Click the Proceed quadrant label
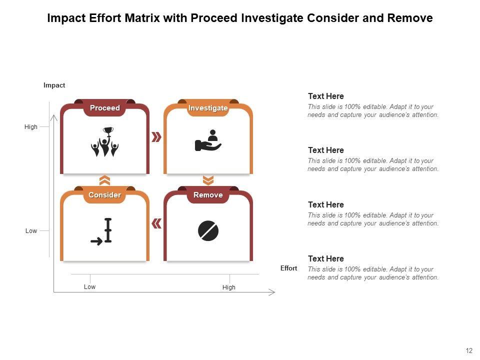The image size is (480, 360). coord(104,108)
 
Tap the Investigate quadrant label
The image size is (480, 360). coord(208,108)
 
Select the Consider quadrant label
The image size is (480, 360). coord(104,195)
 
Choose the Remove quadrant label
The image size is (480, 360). coord(208,195)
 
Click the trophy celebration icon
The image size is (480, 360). coord(104,141)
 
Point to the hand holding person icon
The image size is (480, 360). coord(208,140)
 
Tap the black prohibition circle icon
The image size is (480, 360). coord(208,230)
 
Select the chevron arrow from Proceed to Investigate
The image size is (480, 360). coord(156,137)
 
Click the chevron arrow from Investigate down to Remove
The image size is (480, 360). coord(208,180)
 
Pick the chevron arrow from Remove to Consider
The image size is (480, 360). coord(156,224)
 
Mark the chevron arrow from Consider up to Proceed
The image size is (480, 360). coord(104,180)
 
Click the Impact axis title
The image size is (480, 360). coord(54,85)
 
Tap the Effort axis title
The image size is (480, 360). coord(288,268)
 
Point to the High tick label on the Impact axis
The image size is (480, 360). coord(31,126)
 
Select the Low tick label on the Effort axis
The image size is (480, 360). coord(89,287)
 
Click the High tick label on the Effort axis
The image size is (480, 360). coord(229,287)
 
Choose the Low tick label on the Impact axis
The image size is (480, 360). coord(31,231)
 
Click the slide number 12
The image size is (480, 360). coord(469,351)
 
